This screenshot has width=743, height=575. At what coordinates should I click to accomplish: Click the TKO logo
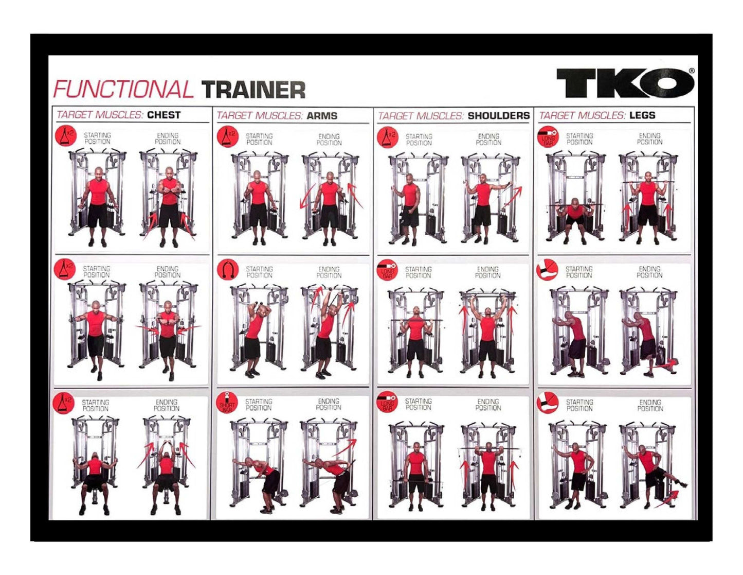coord(625,83)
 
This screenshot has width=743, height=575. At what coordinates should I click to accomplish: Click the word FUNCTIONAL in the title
coord(123,90)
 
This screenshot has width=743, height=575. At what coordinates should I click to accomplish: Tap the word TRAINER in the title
coord(253,90)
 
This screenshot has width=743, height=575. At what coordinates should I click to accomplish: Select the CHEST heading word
coord(164,115)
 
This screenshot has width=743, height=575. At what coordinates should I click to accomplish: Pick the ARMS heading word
coord(322,116)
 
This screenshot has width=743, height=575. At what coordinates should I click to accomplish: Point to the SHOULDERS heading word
coord(498,116)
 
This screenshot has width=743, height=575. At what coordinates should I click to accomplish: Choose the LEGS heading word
coord(642,115)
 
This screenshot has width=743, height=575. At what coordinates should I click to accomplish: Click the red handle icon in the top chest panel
coord(66,136)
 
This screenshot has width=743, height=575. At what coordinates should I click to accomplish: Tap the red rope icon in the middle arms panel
coord(228,270)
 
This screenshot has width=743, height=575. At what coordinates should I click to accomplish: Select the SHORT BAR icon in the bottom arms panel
coord(227,402)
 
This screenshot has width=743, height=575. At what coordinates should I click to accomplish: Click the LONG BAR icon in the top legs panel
coord(548,137)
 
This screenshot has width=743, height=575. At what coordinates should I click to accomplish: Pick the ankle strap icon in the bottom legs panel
coord(547,403)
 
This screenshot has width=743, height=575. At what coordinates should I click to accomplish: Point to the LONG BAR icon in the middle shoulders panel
coord(387,270)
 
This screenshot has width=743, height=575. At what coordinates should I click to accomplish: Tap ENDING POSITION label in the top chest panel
coord(168,138)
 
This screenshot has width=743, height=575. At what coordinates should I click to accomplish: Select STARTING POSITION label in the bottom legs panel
coord(579,405)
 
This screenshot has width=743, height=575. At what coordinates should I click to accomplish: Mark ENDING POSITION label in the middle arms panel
coord(329,272)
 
